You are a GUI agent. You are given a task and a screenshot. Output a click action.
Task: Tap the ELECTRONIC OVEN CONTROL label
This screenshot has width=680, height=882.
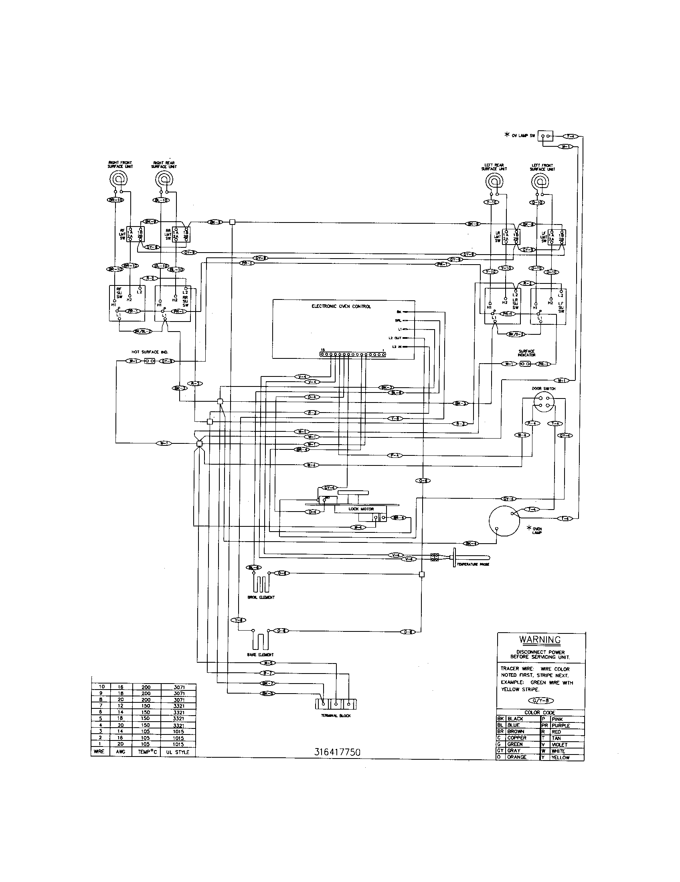pyautogui.click(x=341, y=307)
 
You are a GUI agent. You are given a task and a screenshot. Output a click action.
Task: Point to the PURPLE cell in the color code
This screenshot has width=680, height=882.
pyautogui.click(x=561, y=726)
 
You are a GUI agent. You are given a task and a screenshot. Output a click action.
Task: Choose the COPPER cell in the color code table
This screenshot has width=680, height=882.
pyautogui.click(x=516, y=738)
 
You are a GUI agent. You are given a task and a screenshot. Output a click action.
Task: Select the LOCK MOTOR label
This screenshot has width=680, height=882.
pyautogui.click(x=361, y=509)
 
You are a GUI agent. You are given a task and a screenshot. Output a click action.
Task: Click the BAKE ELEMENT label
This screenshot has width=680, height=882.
pyautogui.click(x=260, y=655)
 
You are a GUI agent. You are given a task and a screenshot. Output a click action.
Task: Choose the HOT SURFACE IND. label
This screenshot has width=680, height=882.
pyautogui.click(x=150, y=352)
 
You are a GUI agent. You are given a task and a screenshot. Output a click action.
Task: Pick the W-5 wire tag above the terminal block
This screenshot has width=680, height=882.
pyautogui.click(x=267, y=663)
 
